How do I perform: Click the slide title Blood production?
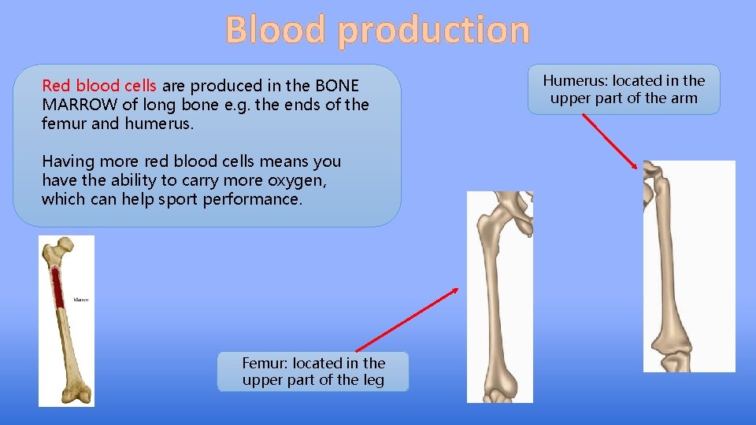tap(378, 30)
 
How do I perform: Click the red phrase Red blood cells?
tap(99, 86)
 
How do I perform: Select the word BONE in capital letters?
tap(337, 86)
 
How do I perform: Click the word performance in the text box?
tap(252, 199)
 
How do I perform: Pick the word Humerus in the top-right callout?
tap(575, 80)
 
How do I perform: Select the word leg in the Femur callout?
tap(372, 380)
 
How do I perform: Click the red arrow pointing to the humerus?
tap(611, 142)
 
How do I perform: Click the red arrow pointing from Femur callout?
tap(406, 320)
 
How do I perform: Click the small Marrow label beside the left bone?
tap(81, 300)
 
